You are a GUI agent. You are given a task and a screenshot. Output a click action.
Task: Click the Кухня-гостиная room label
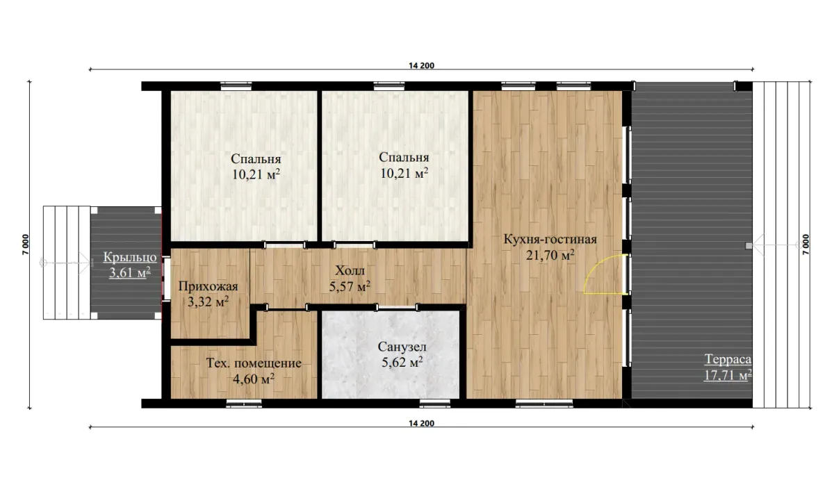550,239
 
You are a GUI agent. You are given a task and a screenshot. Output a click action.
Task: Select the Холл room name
350,270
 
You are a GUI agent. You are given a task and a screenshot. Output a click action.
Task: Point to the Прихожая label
208,286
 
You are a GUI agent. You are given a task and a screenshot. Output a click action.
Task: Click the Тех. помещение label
254,363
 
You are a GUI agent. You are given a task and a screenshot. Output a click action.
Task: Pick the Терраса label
728,359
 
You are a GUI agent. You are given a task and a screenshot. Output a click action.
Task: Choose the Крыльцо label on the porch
130,257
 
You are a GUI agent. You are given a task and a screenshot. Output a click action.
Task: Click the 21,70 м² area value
550,255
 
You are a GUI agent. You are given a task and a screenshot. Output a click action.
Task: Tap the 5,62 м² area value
402,362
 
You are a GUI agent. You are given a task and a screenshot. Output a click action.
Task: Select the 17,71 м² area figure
728,375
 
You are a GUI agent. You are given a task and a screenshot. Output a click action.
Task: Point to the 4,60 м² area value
254,379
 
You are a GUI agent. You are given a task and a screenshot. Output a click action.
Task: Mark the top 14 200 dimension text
421,65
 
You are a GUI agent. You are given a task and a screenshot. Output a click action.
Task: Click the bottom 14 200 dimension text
421,423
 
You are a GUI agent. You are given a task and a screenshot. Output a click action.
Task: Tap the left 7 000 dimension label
25,245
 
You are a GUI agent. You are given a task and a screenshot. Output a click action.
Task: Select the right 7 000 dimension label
806,245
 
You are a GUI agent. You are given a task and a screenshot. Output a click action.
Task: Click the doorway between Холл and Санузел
397,307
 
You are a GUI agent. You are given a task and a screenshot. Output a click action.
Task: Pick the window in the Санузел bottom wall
435,404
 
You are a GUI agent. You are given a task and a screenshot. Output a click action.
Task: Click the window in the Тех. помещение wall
244,404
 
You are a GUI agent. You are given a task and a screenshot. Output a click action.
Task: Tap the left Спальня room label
256,159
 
